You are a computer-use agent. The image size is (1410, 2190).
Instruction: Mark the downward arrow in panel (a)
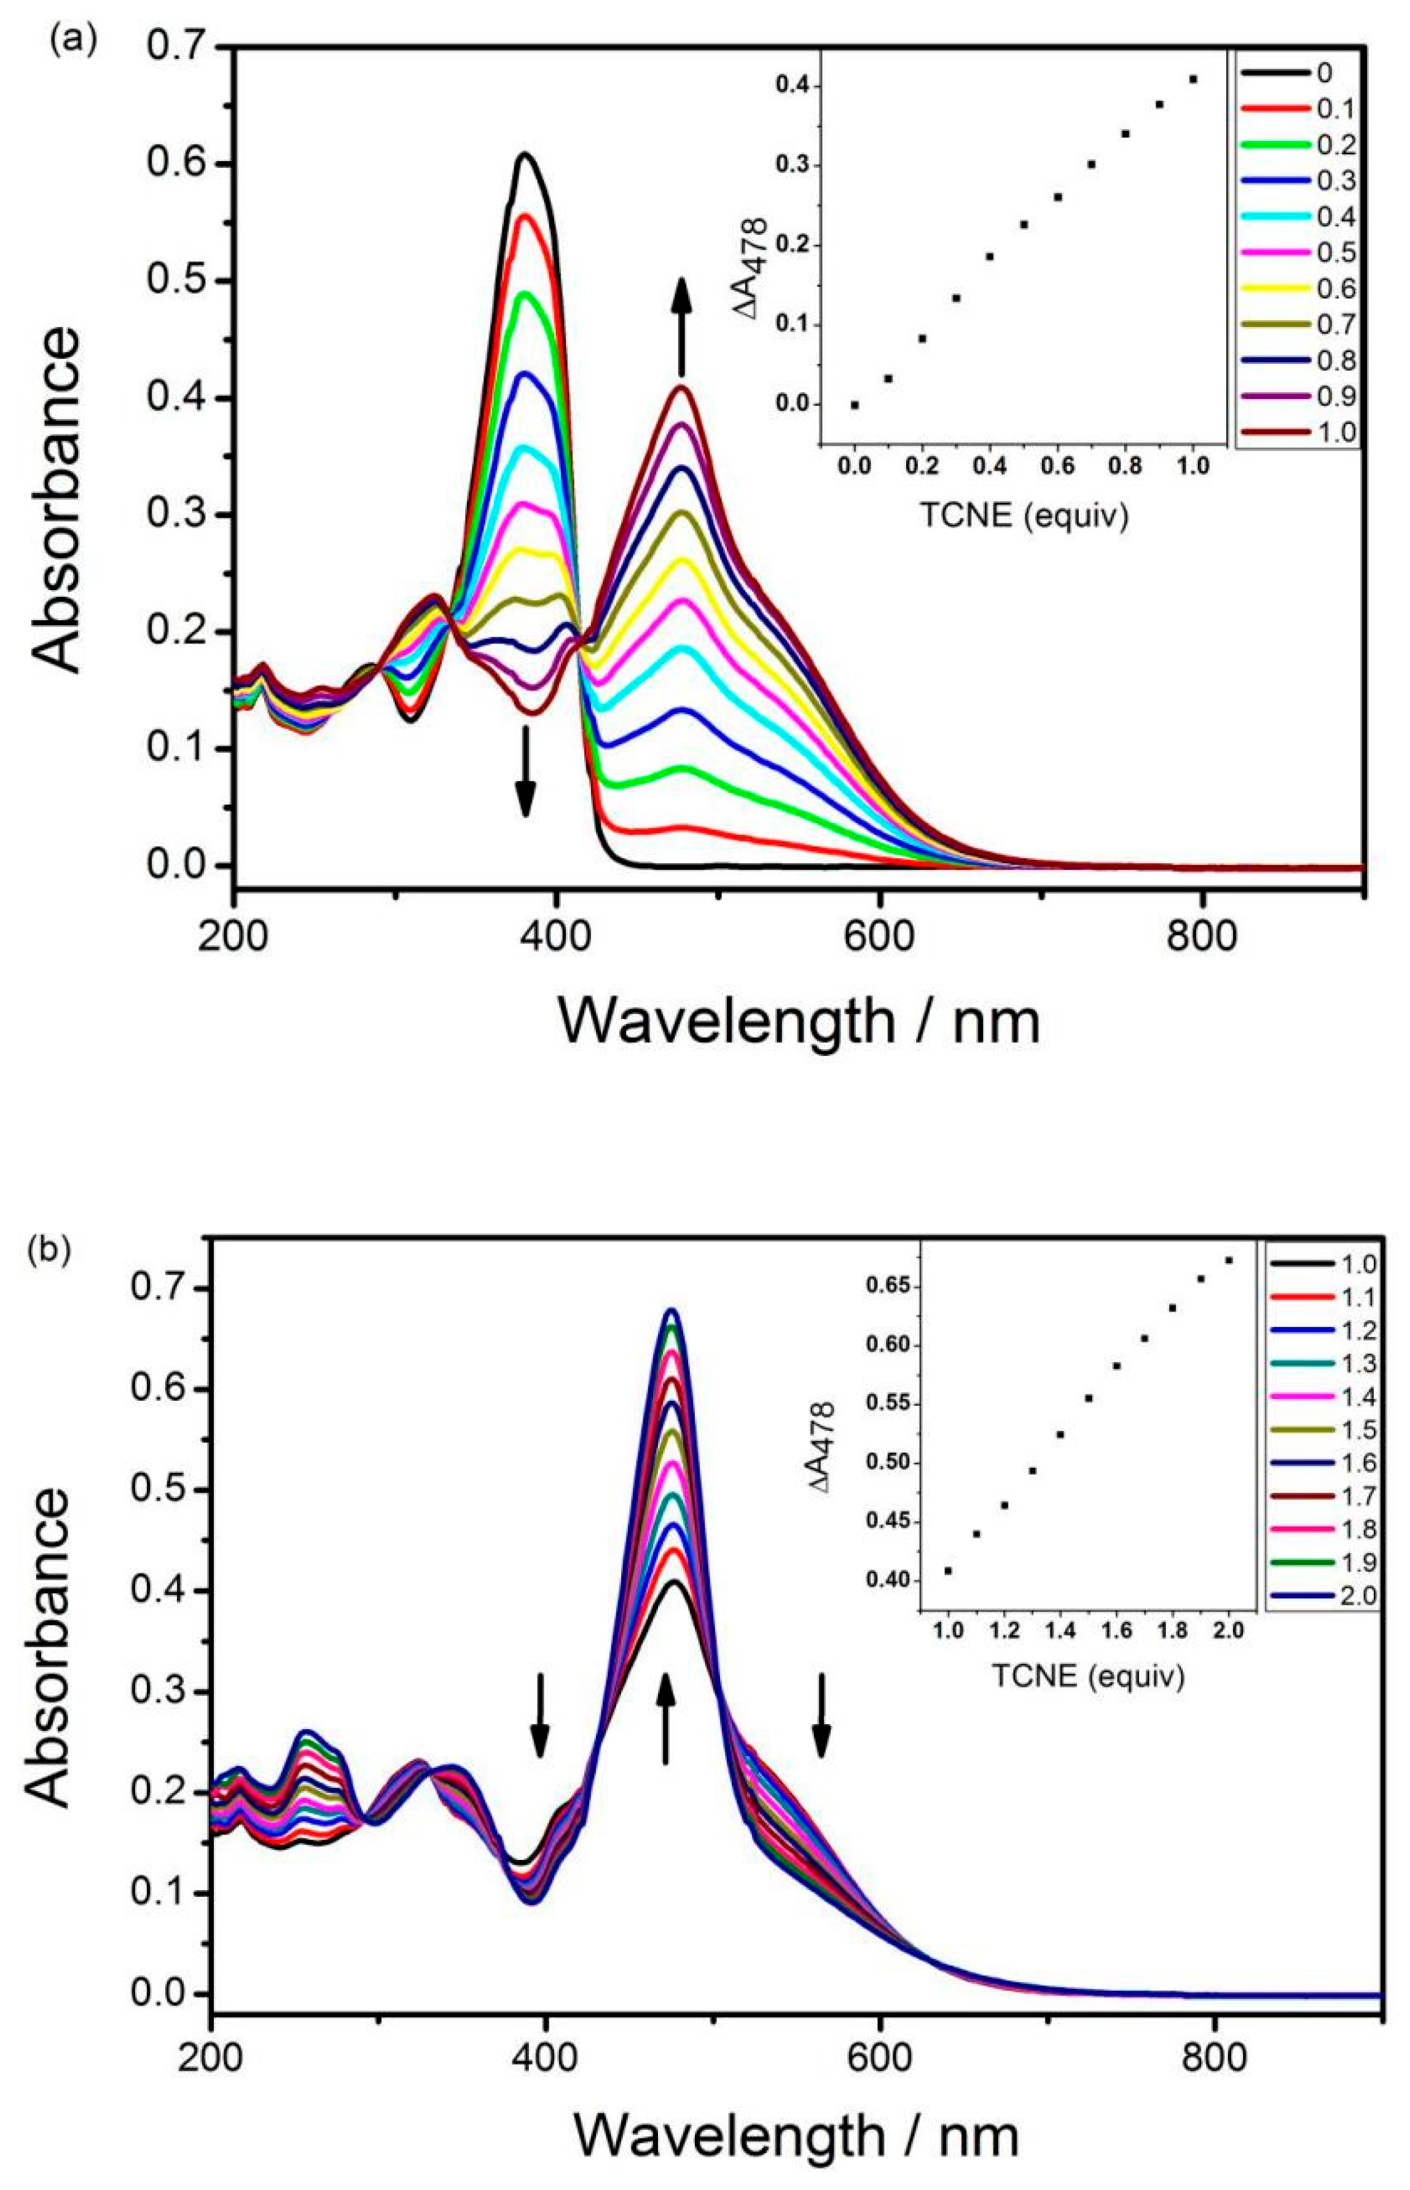[525, 771]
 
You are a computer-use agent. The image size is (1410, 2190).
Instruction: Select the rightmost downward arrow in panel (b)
[821, 1715]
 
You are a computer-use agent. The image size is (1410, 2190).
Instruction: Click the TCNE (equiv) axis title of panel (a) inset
[1023, 516]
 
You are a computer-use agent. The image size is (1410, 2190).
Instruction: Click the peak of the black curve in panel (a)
[525, 154]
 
